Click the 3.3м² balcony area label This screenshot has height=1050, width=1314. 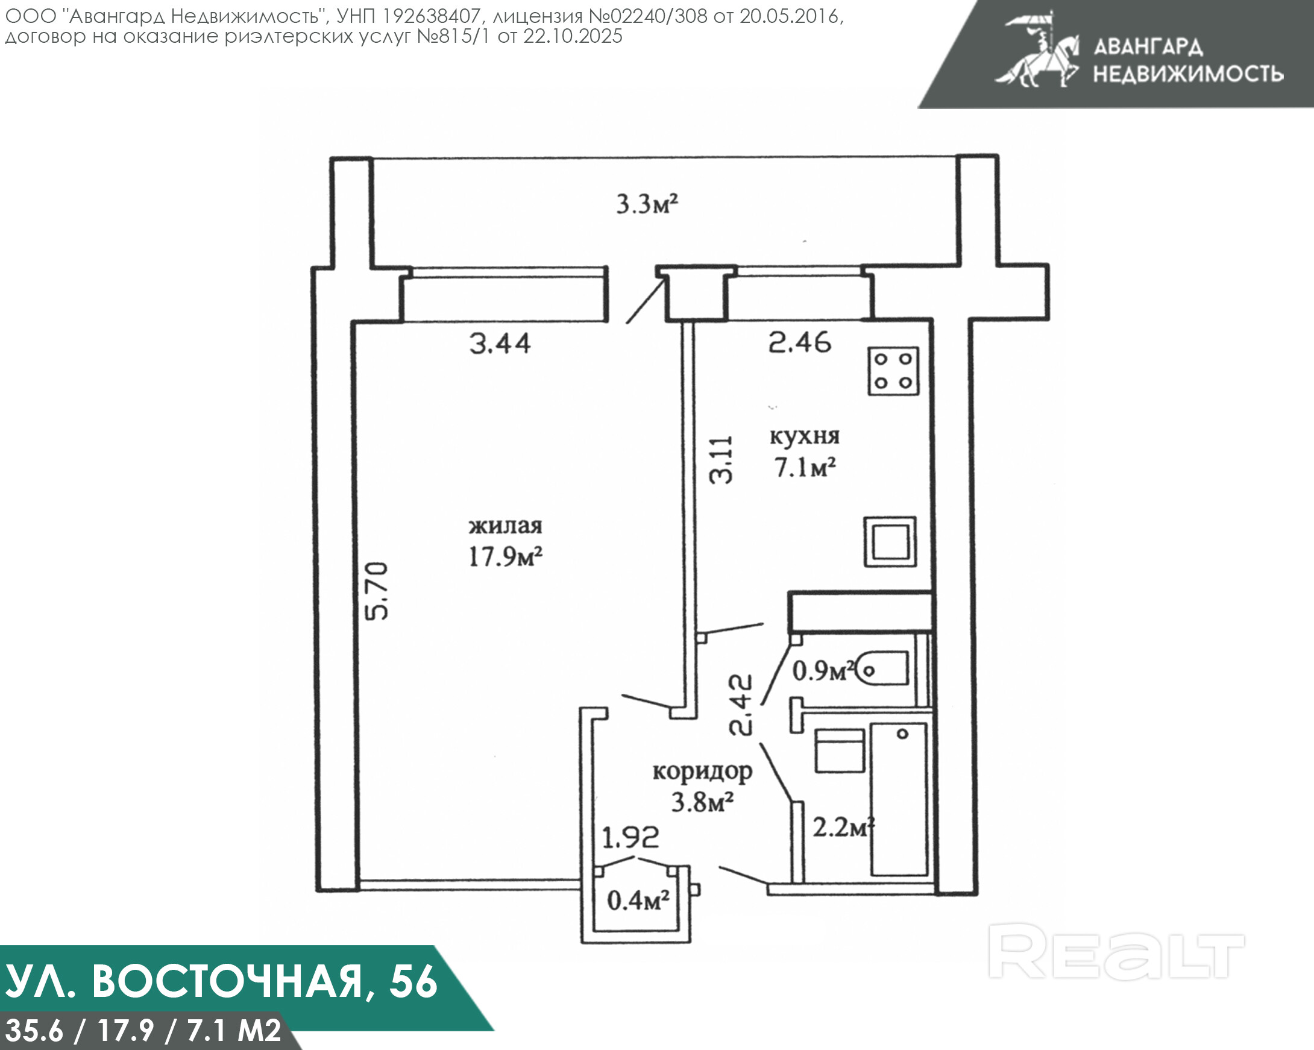click(x=647, y=204)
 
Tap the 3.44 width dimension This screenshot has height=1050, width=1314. click(x=500, y=344)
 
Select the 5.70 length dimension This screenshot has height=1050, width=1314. click(x=376, y=591)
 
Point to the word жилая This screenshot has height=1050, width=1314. click(x=505, y=526)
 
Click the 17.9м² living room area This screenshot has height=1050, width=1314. click(x=505, y=556)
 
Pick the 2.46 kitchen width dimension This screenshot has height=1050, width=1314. click(x=799, y=342)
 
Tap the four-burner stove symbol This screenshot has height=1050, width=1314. click(x=893, y=371)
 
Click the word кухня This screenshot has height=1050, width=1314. click(x=805, y=436)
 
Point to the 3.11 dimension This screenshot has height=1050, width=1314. click(x=721, y=460)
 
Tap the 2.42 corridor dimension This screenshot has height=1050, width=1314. click(x=741, y=705)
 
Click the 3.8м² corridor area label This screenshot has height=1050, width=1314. click(x=702, y=803)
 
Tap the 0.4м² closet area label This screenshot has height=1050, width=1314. click(x=638, y=901)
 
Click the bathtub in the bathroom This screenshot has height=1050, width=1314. click(x=899, y=799)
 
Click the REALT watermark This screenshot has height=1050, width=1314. click(x=1116, y=951)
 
